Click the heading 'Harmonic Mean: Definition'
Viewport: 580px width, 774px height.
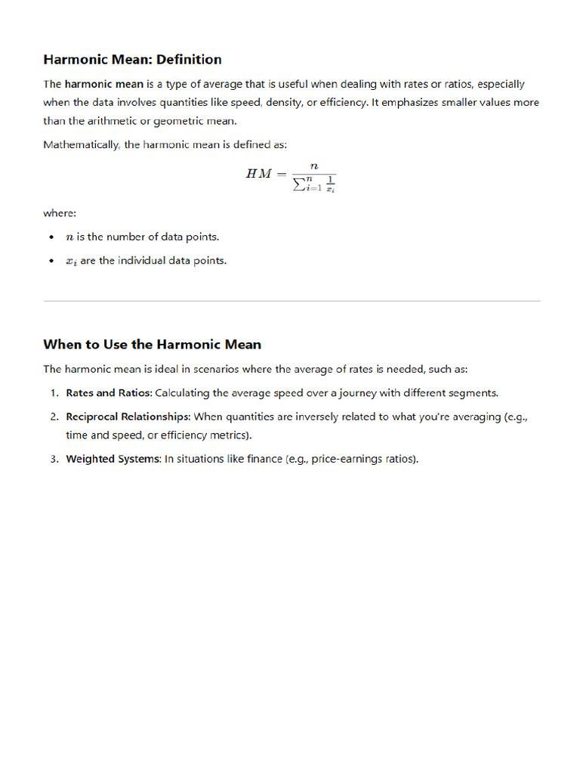pos(132,59)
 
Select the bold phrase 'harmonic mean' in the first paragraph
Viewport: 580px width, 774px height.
pos(103,84)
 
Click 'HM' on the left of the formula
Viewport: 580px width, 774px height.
pos(258,173)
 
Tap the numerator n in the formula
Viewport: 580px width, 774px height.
pos(313,164)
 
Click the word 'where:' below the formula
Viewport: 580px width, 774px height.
pos(60,213)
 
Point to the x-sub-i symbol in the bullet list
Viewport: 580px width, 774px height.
pos(71,262)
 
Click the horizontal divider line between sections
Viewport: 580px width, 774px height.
pos(292,301)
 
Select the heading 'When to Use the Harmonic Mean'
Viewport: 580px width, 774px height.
pos(152,345)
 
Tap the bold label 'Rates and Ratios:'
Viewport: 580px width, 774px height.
pos(109,393)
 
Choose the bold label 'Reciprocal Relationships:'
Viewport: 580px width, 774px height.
pos(128,416)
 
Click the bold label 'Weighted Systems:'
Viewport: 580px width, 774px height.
pos(113,459)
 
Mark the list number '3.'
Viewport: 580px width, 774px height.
pos(54,459)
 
